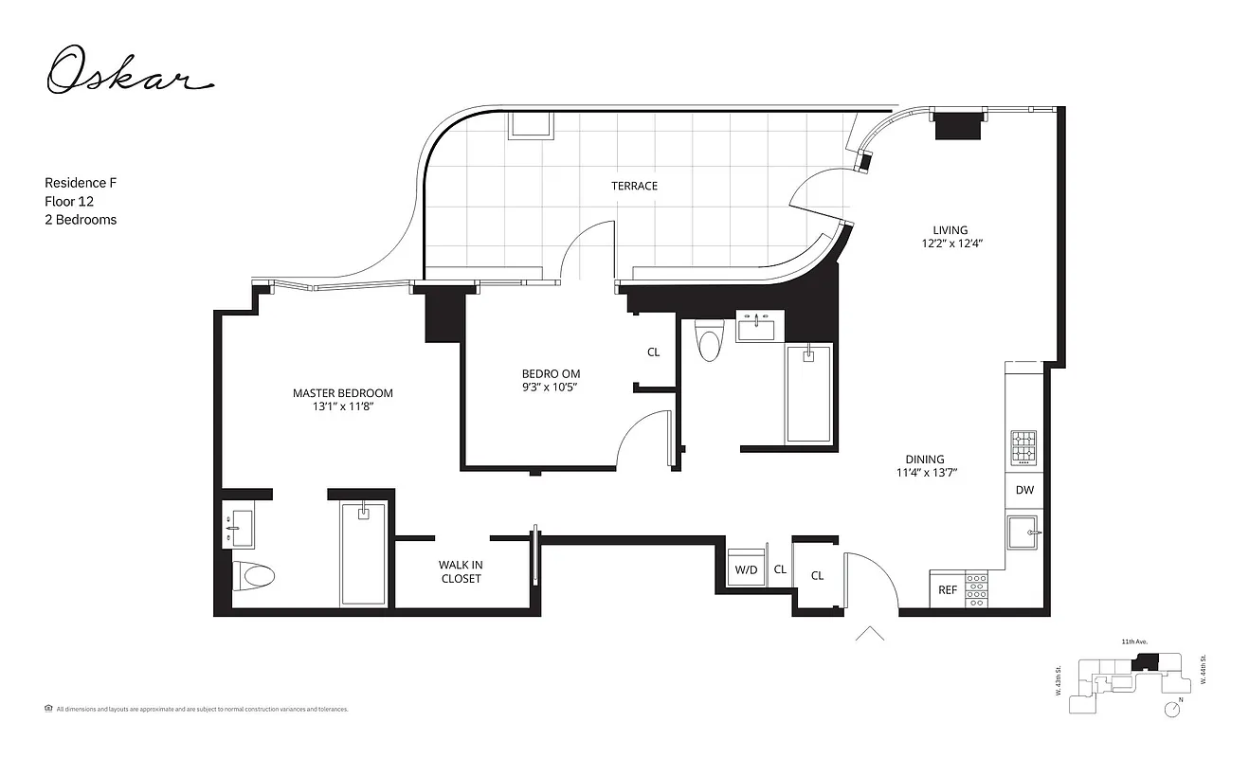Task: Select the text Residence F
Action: pos(80,182)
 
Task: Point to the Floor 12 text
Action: pos(69,201)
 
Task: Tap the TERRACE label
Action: pos(634,186)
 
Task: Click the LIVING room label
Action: pos(950,230)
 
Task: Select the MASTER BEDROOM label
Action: pos(342,393)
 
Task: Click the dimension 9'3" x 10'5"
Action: pos(550,387)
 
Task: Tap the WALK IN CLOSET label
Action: pos(461,571)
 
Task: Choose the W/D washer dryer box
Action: pos(746,569)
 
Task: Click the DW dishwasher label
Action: pos(1024,490)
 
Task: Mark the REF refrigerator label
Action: pos(948,589)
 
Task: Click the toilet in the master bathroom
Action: pos(253,574)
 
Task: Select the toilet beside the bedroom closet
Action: pos(709,342)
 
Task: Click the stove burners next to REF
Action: pos(976,588)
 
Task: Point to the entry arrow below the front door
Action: pos(869,634)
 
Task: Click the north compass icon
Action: pos(1175,706)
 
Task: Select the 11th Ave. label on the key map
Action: pos(1134,641)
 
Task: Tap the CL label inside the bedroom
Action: pos(653,352)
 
